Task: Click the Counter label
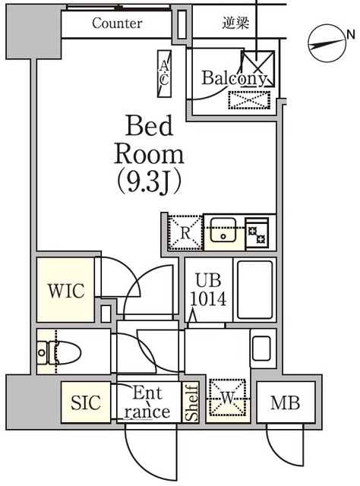pyautogui.click(x=117, y=24)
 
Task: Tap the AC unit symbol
pyautogui.click(x=164, y=74)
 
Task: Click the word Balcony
pyautogui.click(x=234, y=78)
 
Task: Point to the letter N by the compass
pyautogui.click(x=351, y=35)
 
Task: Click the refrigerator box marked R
pyautogui.click(x=185, y=232)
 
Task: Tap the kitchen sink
pyautogui.click(x=223, y=230)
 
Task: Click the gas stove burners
pyautogui.click(x=257, y=233)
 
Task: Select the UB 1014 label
pyautogui.click(x=208, y=289)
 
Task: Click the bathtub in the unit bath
pyautogui.click(x=255, y=290)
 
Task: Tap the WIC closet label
pyautogui.click(x=66, y=290)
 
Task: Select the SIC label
pyautogui.click(x=86, y=402)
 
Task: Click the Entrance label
pyautogui.click(x=147, y=402)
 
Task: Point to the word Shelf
pyautogui.click(x=191, y=402)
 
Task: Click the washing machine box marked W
pyautogui.click(x=228, y=398)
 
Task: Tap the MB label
pyautogui.click(x=286, y=403)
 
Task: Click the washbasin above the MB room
pyautogui.click(x=261, y=349)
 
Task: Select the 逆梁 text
pyautogui.click(x=235, y=23)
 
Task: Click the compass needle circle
pyautogui.click(x=327, y=43)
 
